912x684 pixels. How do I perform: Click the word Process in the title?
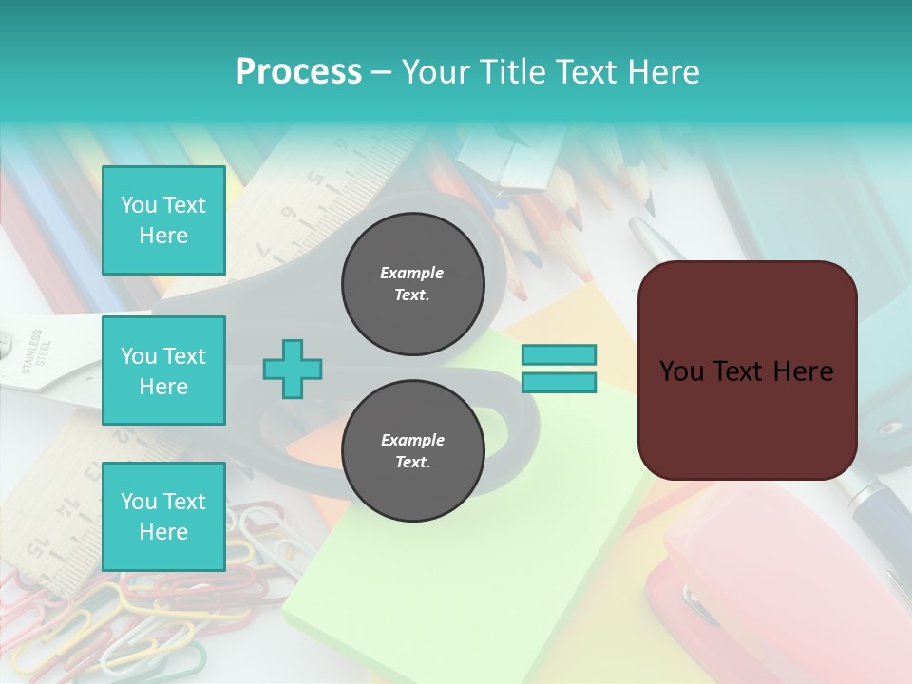(298, 72)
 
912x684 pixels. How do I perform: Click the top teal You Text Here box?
(163, 220)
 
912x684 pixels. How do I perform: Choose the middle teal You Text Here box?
(163, 370)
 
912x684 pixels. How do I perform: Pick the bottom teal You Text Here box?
(163, 517)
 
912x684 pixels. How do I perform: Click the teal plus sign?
(293, 370)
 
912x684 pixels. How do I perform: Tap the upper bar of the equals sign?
(559, 355)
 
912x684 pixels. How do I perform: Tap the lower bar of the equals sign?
(559, 383)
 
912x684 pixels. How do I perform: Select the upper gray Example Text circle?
(412, 284)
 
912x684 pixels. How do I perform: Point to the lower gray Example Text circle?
(412, 451)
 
